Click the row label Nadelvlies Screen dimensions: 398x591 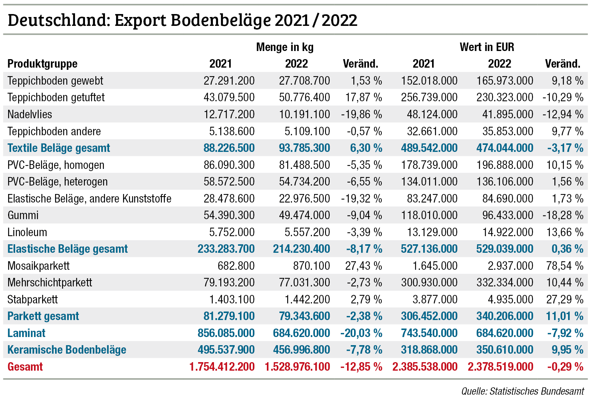point(30,114)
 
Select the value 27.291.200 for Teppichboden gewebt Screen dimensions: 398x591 point(229,81)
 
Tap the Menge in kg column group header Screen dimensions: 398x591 point(285,47)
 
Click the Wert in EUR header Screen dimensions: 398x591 point(486,47)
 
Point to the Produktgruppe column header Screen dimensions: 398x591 point(43,64)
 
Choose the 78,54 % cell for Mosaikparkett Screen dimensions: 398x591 point(564,266)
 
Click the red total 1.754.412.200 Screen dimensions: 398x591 point(222,367)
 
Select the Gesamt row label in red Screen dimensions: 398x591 point(25,367)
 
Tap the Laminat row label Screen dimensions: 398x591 point(26,333)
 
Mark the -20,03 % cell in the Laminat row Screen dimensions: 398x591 point(361,333)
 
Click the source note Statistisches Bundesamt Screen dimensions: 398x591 point(523,391)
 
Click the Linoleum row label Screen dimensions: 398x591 point(27,232)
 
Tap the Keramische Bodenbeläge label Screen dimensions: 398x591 point(67,350)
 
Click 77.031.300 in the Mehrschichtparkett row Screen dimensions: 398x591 point(304,282)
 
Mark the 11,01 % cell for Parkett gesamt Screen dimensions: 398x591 point(564,316)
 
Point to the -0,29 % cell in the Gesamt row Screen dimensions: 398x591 point(565,367)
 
